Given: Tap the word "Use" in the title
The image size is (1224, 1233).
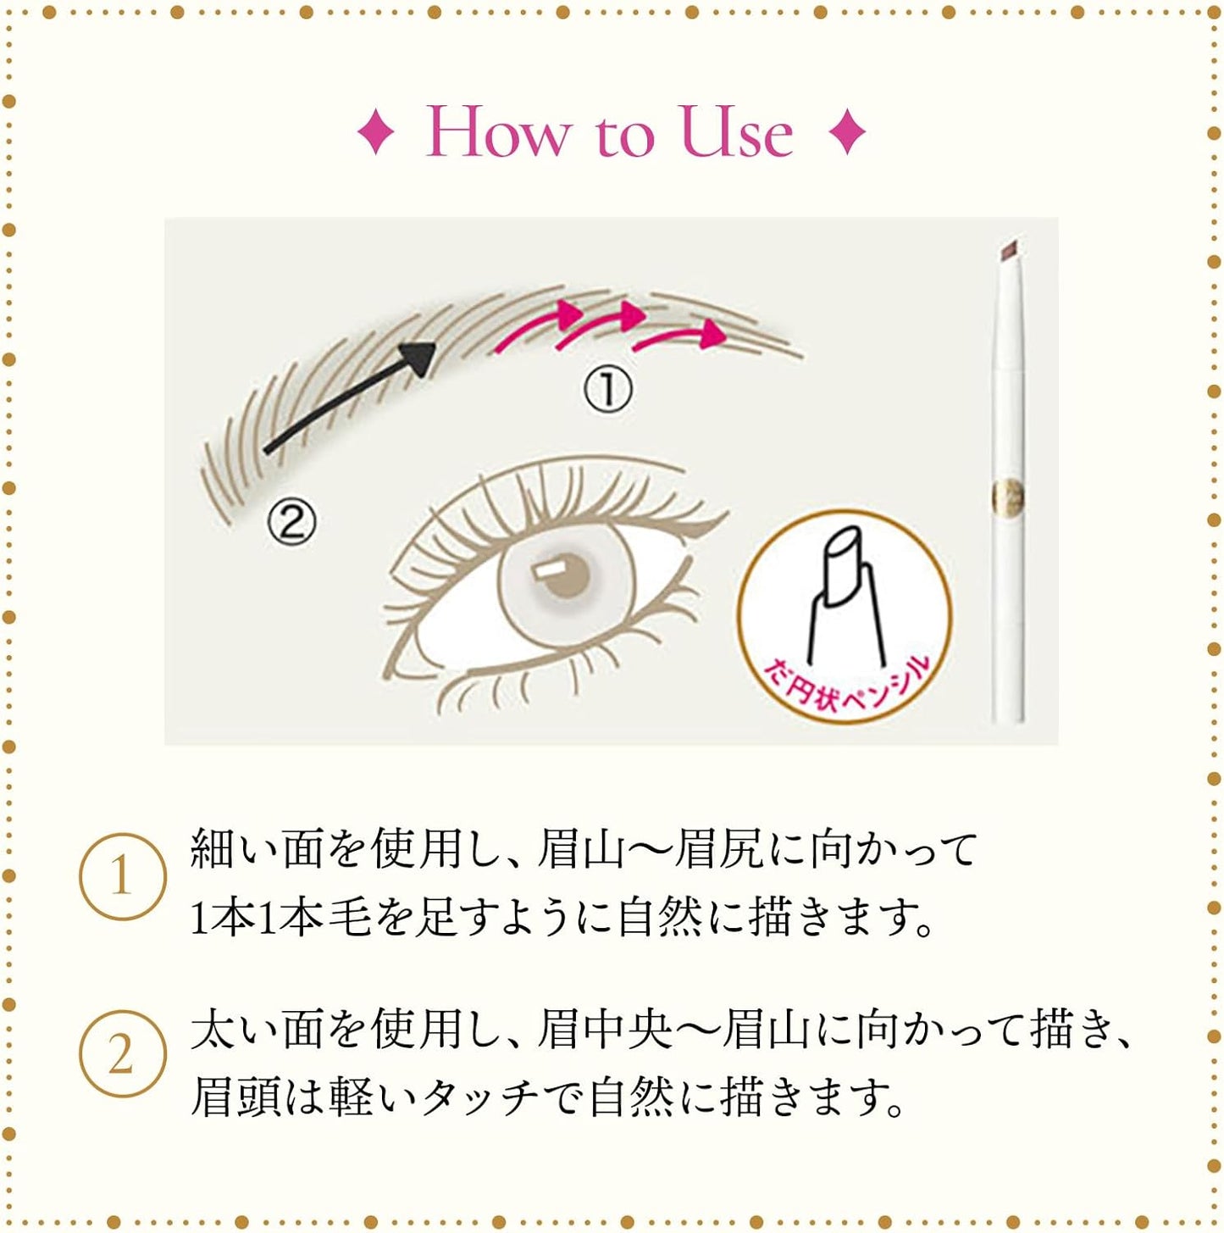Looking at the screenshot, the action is [738, 131].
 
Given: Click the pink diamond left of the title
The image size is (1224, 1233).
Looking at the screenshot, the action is [375, 132].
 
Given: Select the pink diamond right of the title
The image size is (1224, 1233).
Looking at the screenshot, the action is [847, 132].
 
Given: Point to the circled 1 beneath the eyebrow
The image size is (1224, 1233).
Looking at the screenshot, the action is [607, 391].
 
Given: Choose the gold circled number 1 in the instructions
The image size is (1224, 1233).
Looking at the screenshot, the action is [122, 876].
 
